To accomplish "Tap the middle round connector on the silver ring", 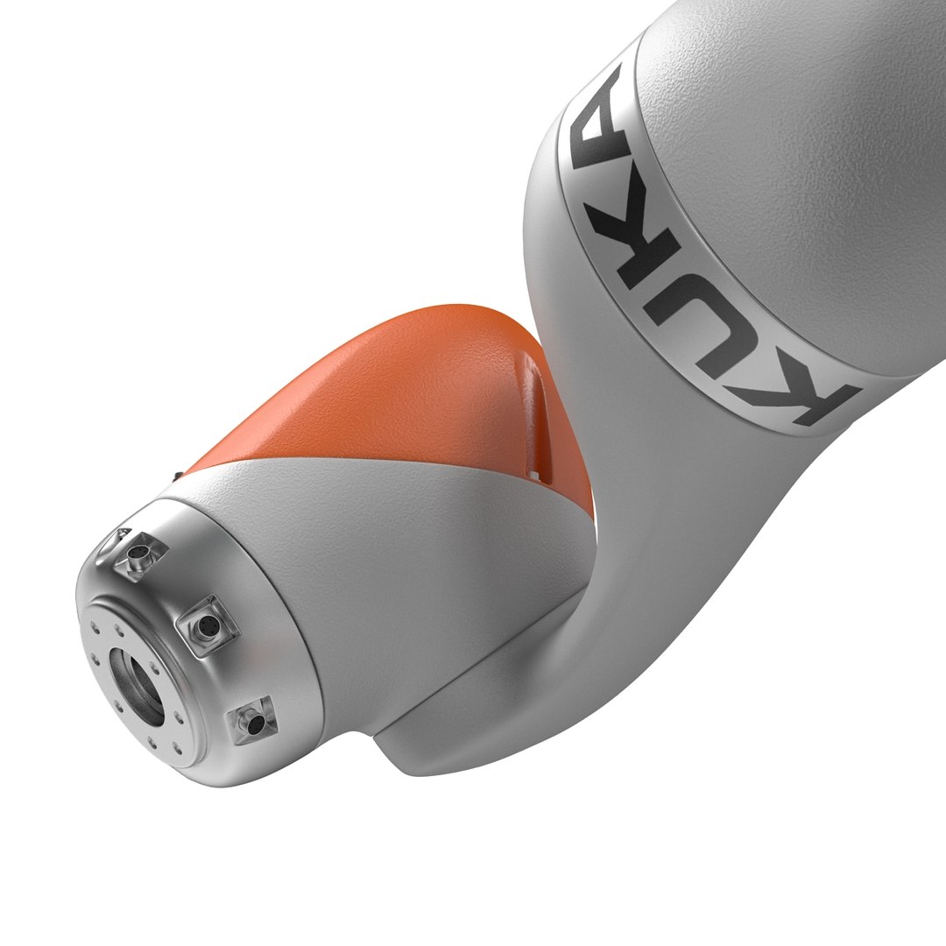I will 208,625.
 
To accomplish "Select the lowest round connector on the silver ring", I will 254,724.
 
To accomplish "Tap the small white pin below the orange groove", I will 533,476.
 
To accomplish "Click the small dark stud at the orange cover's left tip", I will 178,475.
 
